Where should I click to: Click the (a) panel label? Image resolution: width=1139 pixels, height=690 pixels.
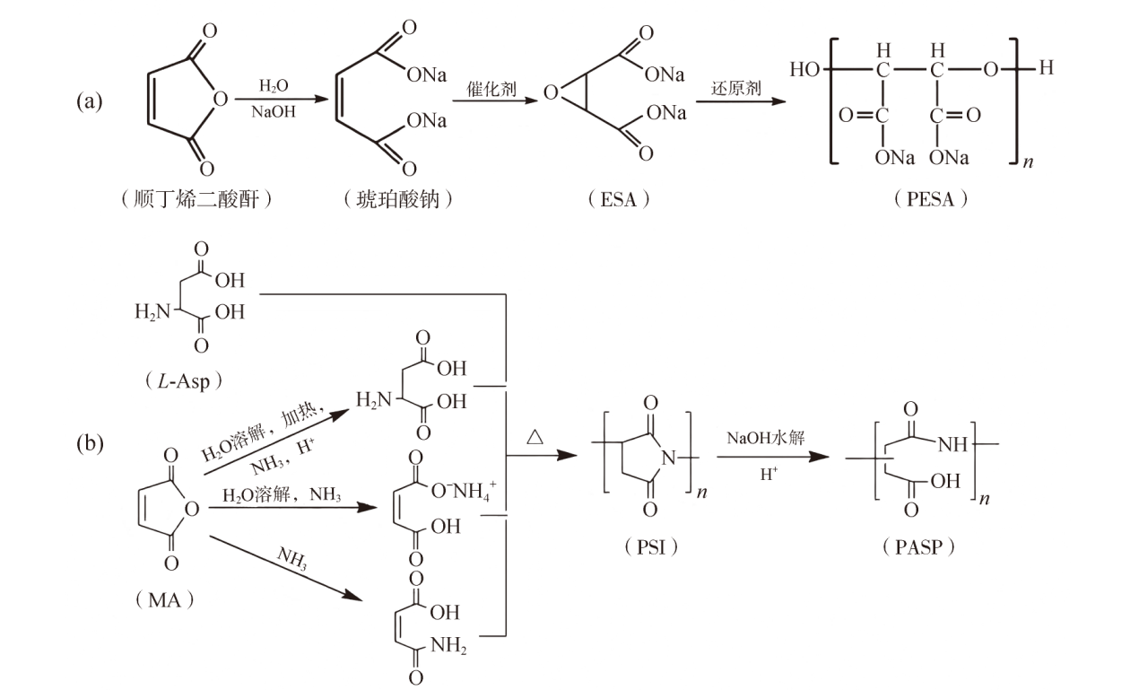90,101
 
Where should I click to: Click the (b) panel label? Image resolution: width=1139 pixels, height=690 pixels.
90,443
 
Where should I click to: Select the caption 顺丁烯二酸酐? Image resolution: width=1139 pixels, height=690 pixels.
196,199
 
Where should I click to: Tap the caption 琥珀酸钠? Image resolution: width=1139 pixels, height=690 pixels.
397,199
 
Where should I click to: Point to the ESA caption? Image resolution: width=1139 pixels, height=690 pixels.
618,199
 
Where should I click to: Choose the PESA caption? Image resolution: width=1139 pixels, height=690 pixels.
931,198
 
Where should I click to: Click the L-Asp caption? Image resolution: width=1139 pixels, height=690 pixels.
184,380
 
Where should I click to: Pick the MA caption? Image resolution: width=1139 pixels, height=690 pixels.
165,600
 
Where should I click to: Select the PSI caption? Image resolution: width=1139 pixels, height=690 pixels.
651,547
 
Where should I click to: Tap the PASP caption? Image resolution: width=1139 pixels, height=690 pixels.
918,547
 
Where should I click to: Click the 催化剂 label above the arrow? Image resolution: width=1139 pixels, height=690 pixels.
491,89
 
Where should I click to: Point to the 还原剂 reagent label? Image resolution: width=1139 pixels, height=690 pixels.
735,88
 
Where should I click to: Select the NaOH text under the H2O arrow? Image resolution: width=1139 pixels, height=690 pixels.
274,112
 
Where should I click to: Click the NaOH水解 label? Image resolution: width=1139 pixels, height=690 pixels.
765,438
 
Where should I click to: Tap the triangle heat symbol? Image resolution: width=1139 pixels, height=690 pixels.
535,437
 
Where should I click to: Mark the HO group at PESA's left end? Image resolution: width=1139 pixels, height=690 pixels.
804,69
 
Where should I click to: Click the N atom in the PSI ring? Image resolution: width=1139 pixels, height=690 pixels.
669,458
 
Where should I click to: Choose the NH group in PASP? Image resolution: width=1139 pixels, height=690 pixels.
952,444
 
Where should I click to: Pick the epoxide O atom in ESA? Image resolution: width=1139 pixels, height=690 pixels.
551,92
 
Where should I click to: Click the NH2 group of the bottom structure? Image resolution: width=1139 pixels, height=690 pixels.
448,645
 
